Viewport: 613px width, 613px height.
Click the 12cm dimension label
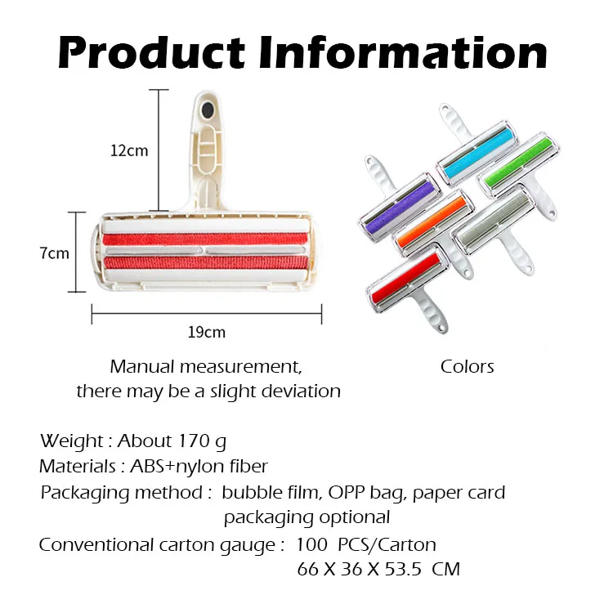click(x=130, y=150)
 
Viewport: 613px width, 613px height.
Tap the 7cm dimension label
click(x=55, y=253)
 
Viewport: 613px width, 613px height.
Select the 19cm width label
click(x=207, y=333)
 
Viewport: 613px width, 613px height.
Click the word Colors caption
click(x=468, y=366)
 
